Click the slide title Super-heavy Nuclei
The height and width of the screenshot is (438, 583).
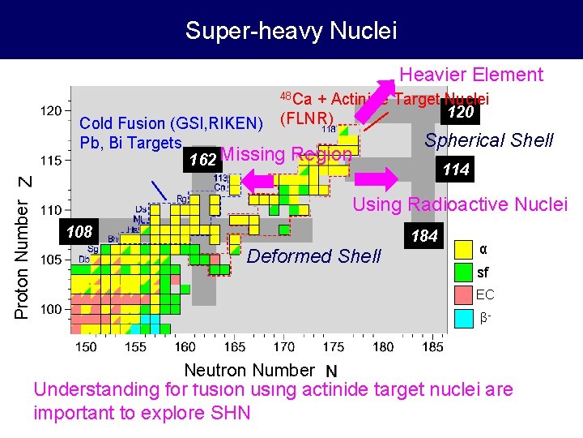(291, 31)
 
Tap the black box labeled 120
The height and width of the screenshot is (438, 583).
(461, 112)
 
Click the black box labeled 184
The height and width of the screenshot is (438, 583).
(424, 237)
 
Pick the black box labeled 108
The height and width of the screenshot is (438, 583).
(79, 232)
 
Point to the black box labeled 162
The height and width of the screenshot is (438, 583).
(202, 159)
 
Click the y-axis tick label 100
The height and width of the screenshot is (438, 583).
(50, 309)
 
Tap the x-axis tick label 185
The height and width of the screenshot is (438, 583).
(432, 346)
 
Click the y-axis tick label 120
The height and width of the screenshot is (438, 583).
(50, 110)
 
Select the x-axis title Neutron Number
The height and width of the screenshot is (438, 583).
(249, 371)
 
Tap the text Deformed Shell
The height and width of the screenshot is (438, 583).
(313, 256)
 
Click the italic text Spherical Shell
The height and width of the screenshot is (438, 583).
(488, 140)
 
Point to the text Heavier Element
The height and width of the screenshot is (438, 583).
(471, 75)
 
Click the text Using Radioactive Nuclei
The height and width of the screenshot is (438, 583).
(460, 204)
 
